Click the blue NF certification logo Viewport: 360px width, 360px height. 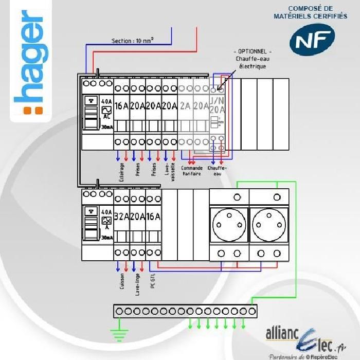[311, 41]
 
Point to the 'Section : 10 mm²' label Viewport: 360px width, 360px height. [133, 41]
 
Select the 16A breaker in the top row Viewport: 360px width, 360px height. [121, 106]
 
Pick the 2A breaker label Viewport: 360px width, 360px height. [185, 106]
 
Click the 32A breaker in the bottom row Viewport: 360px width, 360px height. [121, 217]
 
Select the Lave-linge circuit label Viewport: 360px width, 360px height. [137, 284]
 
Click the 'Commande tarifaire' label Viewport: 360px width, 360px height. [192, 170]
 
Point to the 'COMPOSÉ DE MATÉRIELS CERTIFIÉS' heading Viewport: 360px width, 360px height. [310, 12]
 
